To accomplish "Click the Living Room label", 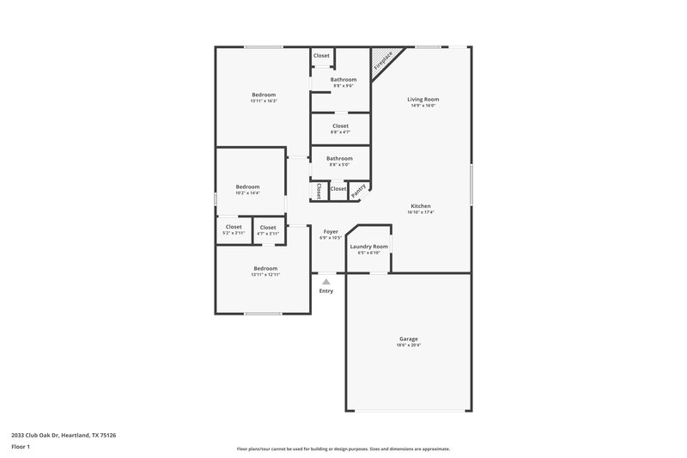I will coord(423,100).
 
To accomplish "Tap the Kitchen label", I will coord(421,207).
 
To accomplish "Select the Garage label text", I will coord(409,339).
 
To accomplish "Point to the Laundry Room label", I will coord(369,247).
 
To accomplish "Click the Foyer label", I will coord(331,232).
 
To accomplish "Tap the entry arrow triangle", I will coord(325,280).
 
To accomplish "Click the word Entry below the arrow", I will coord(326,291).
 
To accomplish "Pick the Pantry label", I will coord(359,189).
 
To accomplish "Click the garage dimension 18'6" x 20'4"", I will coord(409,345).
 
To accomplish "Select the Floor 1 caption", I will coord(21,448).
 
